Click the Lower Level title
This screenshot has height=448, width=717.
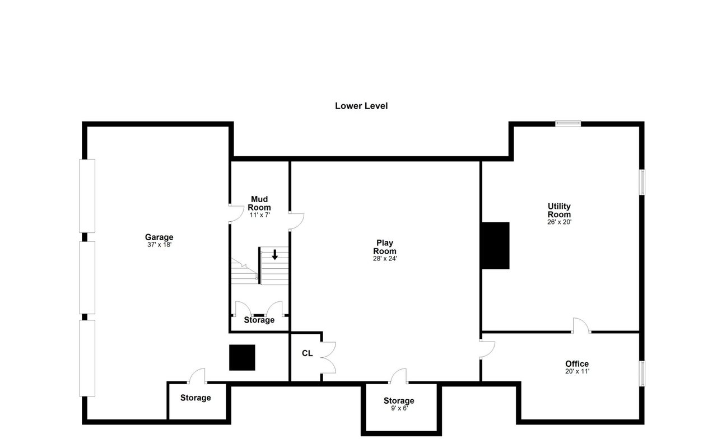pyautogui.click(x=361, y=106)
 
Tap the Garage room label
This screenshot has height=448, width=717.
pyautogui.click(x=159, y=237)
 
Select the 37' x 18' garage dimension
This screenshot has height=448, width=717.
pyautogui.click(x=160, y=245)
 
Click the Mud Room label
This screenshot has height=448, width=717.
pyautogui.click(x=259, y=203)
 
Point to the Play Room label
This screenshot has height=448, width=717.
pyautogui.click(x=385, y=247)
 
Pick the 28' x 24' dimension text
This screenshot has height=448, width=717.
pyautogui.click(x=385, y=259)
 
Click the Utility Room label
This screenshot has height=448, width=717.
pyautogui.click(x=559, y=210)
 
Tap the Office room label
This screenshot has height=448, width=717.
pyautogui.click(x=577, y=364)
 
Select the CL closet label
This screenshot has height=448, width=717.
pyautogui.click(x=308, y=353)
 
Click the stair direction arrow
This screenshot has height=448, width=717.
pyautogui.click(x=274, y=255)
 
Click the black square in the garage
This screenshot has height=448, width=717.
pyautogui.click(x=242, y=357)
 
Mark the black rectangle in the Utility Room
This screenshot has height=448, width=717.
pyautogui.click(x=496, y=245)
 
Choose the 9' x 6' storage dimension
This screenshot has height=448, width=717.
pyautogui.click(x=399, y=408)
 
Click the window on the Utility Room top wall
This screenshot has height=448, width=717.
pyautogui.click(x=568, y=124)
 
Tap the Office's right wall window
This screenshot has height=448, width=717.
pyautogui.click(x=642, y=374)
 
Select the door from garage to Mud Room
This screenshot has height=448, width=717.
pyautogui.click(x=236, y=214)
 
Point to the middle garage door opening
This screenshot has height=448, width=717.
pyautogui.click(x=87, y=277)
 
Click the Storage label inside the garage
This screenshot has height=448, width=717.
pyautogui.click(x=195, y=398)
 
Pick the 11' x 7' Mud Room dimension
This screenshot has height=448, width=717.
pyautogui.click(x=259, y=215)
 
